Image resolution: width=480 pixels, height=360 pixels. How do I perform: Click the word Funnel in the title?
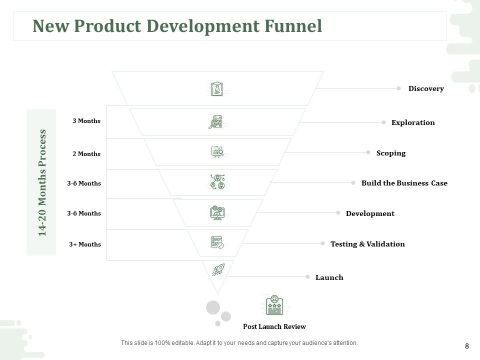coord(293,25)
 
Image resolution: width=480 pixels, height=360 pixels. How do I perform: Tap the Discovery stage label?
coord(426,89)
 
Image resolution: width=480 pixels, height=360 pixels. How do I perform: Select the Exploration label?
coord(413,122)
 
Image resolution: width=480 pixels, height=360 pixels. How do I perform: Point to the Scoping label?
coord(391,153)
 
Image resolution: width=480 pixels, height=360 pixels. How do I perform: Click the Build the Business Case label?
coord(404,183)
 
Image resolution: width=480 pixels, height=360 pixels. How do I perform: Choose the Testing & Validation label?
coord(367,244)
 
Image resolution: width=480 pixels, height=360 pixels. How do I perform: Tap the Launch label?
coord(329,277)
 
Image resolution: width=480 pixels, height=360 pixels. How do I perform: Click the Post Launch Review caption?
coord(274,326)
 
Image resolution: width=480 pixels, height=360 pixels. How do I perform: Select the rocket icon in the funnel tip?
coord(218,269)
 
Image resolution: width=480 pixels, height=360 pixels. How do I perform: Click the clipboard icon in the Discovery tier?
coord(217,89)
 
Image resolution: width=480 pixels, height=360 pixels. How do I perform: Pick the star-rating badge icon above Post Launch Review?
coord(274,305)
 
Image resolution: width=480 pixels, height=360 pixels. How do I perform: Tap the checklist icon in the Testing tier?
coord(217,242)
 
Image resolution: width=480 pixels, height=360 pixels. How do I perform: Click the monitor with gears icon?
coord(217,212)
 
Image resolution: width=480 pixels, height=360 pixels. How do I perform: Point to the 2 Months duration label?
coord(86,153)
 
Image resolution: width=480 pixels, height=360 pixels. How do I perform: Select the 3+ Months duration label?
coord(85,244)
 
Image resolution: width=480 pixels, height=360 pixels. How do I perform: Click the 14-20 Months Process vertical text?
coord(42,183)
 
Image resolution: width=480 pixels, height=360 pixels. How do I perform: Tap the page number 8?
coord(467,346)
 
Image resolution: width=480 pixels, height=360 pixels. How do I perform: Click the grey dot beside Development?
coord(338,213)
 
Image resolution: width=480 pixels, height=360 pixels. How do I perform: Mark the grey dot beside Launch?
coord(307,276)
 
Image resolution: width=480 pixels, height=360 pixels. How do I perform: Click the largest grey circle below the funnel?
coord(213,307)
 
